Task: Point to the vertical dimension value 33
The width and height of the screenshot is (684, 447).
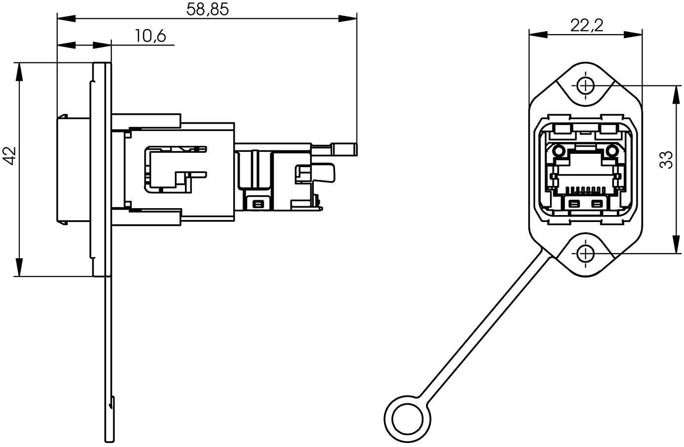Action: pyautogui.click(x=667, y=160)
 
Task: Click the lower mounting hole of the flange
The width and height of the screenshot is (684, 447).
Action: pyautogui.click(x=586, y=254)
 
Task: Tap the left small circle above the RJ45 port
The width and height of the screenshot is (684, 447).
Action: pyautogui.click(x=559, y=150)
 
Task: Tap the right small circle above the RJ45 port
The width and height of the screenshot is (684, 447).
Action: pyautogui.click(x=612, y=150)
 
